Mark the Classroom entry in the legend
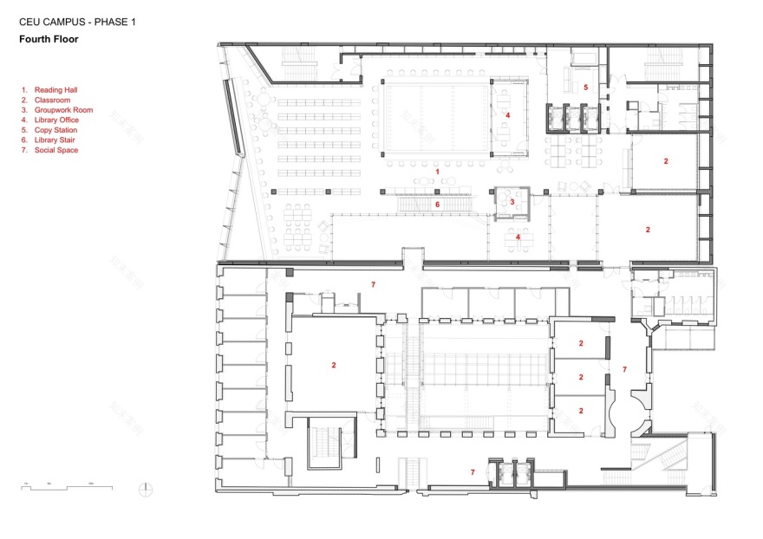tap(53, 101)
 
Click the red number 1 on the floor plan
tap(438, 172)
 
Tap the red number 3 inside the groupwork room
tap(512, 202)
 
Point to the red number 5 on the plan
tap(585, 88)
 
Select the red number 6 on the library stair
tap(438, 205)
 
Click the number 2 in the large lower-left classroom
tap(333, 366)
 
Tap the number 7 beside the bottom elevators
tap(473, 472)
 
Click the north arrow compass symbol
tap(147, 488)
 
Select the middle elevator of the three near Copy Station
tap(571, 117)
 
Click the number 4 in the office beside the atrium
tap(508, 115)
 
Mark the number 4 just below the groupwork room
tap(518, 237)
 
